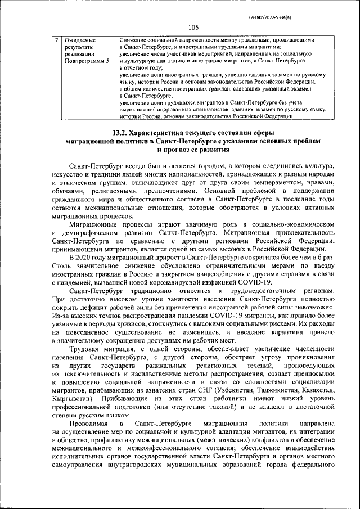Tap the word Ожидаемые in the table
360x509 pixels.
pos(80,40)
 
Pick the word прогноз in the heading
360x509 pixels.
pos(178,150)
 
